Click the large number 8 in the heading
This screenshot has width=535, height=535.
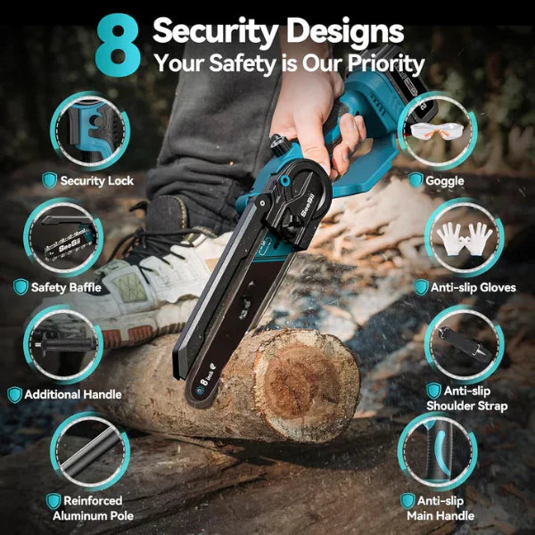118,45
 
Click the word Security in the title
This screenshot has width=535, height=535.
213,31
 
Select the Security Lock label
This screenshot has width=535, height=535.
96,181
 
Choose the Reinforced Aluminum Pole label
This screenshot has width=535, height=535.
95,509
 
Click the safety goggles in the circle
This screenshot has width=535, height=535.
437,132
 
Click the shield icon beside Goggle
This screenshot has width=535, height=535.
416,180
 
